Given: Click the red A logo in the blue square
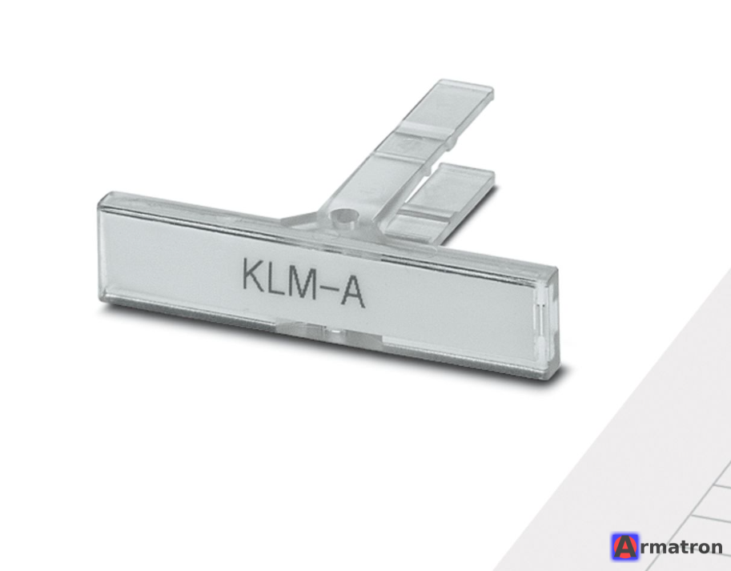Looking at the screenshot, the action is point(625,547).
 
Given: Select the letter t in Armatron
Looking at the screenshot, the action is point(688,547).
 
